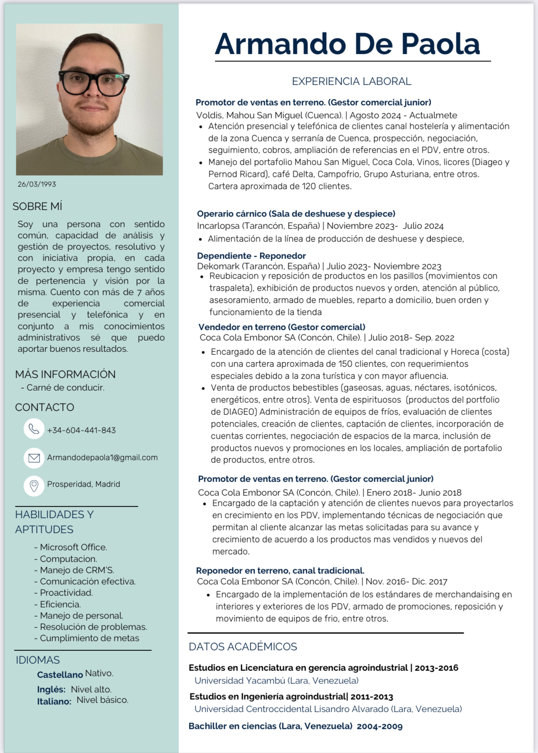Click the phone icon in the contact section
pos(34,429)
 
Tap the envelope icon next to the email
pos(34,458)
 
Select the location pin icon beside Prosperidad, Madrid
pos(34,485)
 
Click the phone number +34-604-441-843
pos(81,430)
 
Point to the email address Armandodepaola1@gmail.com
pos(102,457)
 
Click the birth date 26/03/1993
pos(37,184)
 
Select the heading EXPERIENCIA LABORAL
pos(352,81)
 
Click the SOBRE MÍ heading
pos(38,206)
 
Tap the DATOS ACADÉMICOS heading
pos(243,647)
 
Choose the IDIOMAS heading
pos(38,660)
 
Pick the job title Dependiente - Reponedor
pos(251,256)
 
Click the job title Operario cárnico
pos(231,214)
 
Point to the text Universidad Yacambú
pos(240,680)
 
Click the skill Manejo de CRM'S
pos(77,570)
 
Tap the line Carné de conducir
pos(65,387)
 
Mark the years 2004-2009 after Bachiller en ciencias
pos(380,726)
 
